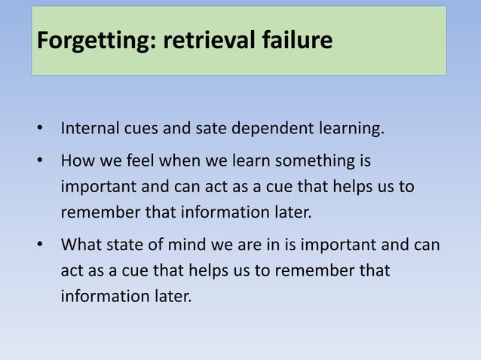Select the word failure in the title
pos(296,40)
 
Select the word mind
pos(198,245)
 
